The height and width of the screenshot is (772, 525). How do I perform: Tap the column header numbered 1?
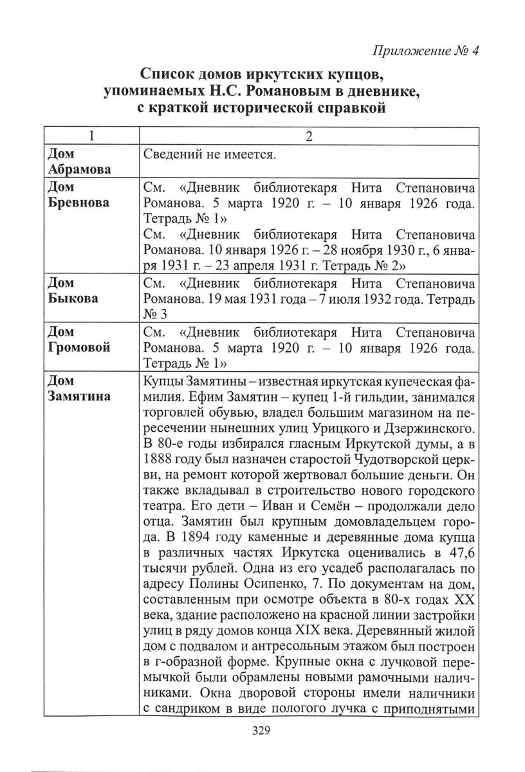[91, 137]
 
